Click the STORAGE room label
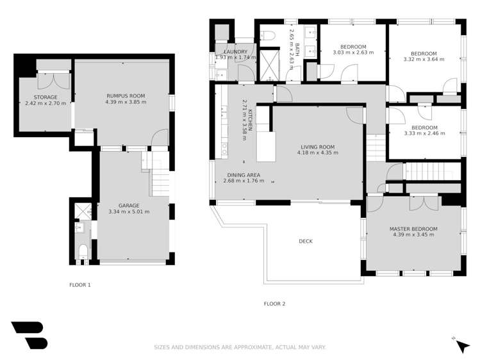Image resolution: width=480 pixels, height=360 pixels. coord(40,97)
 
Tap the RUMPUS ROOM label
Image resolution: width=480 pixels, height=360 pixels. coord(126,96)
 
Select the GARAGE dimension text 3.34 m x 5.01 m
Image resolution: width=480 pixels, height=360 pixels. coord(129,211)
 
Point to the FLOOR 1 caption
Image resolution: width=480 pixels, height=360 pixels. coord(80,284)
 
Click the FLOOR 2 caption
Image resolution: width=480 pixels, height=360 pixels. coord(274,304)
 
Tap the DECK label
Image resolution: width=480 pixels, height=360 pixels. coord(305,241)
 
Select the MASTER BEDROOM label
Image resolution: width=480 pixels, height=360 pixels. coord(413,229)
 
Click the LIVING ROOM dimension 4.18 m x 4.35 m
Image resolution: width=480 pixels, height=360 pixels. coord(316,153)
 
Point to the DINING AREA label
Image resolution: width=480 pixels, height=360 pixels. coord(244,175)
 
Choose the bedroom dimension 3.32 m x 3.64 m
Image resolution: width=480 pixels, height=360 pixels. coord(424,60)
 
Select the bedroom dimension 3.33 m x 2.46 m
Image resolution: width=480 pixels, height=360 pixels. coord(425,133)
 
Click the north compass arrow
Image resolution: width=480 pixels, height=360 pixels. coord(462,346)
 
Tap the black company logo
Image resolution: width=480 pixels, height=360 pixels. coord(29,335)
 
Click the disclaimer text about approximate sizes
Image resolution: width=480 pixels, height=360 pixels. coord(240,347)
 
